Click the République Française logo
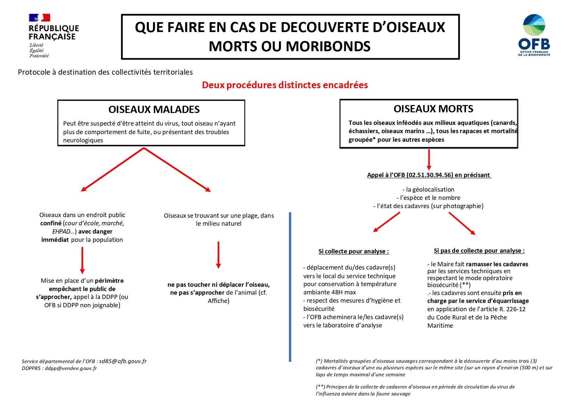coord(53,36)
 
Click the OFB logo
coord(534,35)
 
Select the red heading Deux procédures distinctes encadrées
coord(285,85)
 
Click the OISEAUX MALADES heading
coord(154,110)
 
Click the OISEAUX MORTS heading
coord(433,109)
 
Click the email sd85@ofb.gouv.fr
coord(123,361)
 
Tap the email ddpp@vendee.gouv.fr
coord(71,368)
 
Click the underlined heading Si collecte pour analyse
coord(353,251)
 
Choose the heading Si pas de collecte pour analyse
coord(479,251)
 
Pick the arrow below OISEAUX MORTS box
coord(429,160)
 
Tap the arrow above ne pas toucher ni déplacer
coord(218,255)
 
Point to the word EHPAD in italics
coord(61,232)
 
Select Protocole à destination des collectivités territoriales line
coord(105,72)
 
